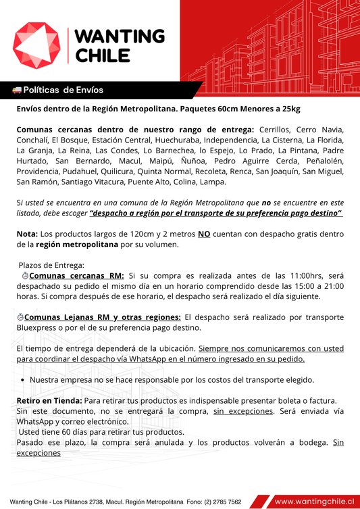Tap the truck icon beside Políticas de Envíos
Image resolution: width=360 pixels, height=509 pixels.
(x=17, y=90)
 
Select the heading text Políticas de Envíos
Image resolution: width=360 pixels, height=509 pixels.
(x=63, y=90)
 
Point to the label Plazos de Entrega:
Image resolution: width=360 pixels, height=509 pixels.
(x=52, y=265)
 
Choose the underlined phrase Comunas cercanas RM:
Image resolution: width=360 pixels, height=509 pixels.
(x=77, y=275)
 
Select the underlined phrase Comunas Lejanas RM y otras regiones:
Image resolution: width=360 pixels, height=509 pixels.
(x=102, y=317)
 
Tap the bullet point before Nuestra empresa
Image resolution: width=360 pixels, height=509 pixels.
(x=23, y=379)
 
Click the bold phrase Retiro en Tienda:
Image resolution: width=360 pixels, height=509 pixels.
(x=49, y=400)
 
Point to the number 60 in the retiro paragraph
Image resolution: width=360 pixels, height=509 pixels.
(x=68, y=432)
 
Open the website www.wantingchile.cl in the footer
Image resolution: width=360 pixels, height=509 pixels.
(x=314, y=501)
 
